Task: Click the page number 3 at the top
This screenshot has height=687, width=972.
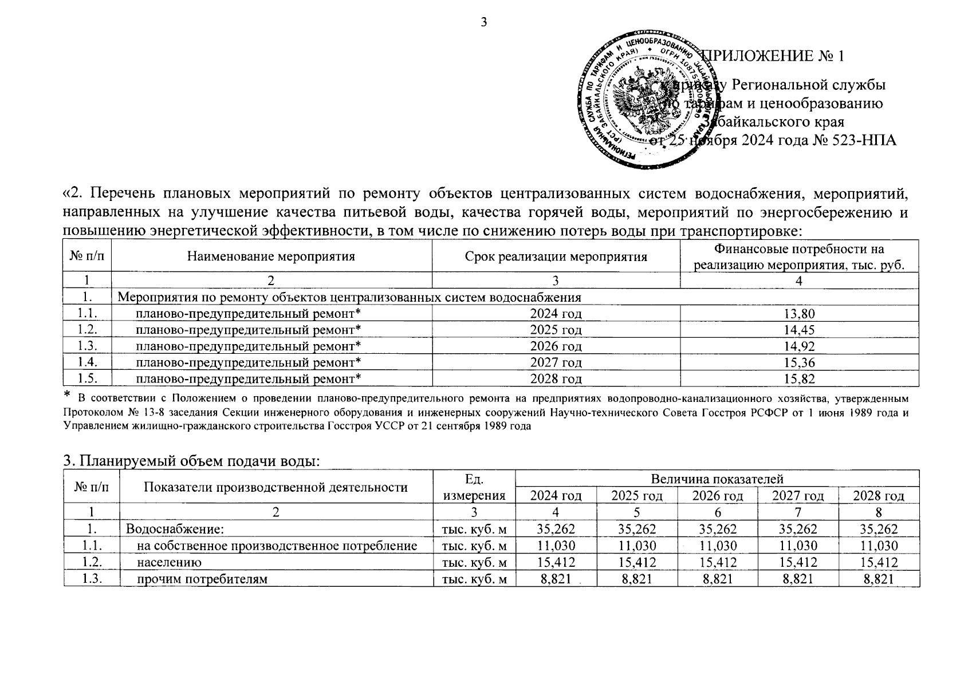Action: coord(484,22)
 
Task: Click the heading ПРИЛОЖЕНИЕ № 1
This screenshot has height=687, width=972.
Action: coord(773,56)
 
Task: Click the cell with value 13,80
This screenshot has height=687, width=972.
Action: coord(800,313)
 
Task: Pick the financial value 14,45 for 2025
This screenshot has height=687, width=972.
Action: coord(800,330)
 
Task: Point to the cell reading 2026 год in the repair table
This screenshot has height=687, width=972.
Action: coord(556,346)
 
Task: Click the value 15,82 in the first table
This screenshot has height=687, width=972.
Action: coord(800,378)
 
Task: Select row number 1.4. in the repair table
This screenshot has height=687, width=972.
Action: coord(87,362)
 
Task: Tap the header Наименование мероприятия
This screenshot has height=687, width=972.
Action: coord(271,256)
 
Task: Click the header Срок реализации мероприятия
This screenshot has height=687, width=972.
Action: coord(556,256)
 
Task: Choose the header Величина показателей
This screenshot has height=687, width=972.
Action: coord(717,479)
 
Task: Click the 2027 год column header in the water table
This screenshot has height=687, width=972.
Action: coord(797,496)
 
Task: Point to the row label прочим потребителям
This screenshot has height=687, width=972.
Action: coord(202,579)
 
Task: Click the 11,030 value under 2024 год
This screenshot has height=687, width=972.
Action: coord(556,546)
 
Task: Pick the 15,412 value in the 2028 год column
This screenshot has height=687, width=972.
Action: coord(878,562)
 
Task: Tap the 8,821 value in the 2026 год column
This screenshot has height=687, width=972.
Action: coord(717,579)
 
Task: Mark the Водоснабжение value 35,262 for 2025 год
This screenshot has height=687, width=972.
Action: coord(636,529)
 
